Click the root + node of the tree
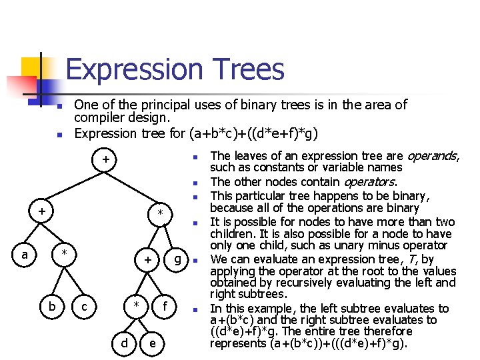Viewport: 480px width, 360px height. pos(105,160)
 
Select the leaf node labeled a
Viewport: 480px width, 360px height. pos(25,254)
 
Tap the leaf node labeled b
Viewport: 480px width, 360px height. pos(52,306)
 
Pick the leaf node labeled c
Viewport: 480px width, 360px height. pos(83,306)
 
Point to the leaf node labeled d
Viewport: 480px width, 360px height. pos(125,343)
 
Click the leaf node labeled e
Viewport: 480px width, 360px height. pos(154,343)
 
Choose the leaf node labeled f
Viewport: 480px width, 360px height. pos(165,306)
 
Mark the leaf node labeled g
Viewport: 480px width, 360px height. pos(177,257)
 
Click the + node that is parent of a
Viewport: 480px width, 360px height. pos(41,211)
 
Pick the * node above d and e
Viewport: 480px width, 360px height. pos(136,306)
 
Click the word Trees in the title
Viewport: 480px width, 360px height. pos(247,70)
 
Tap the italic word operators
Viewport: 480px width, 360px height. pos(369,182)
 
